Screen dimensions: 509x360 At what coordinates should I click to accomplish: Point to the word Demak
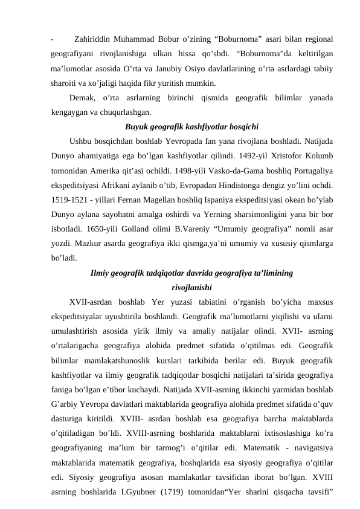click(83, 98)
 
